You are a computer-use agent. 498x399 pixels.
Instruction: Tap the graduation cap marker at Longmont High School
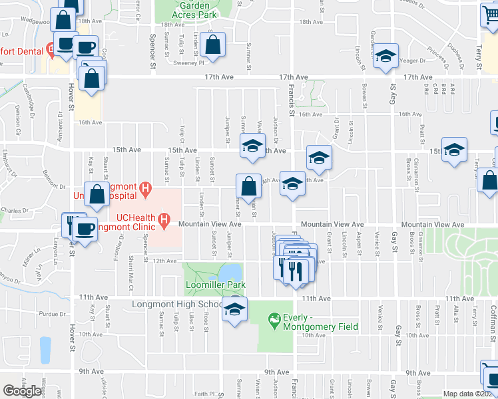pos(234,309)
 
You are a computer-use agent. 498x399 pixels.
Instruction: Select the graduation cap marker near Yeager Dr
pos(385,57)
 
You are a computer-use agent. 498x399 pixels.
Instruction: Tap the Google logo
pos(22,390)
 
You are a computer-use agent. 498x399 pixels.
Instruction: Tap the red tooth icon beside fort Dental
pos(49,50)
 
